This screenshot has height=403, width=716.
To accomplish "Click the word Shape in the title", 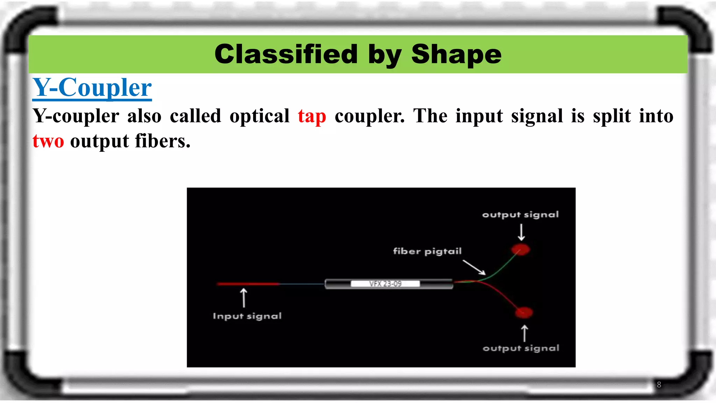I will point(456,54).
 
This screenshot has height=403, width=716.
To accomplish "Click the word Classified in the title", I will point(286,54).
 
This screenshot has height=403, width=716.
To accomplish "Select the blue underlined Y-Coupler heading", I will point(92,87).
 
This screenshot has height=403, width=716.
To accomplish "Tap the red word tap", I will point(312,116).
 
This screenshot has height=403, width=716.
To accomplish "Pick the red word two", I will point(48,141).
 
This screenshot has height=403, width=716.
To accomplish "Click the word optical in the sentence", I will point(259,116).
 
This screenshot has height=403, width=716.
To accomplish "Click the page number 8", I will point(659,385).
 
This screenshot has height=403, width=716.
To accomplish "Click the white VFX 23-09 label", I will point(385,284).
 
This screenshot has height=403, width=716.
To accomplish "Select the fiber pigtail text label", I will point(427,251).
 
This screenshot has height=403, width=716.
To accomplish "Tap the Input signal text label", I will point(247,316).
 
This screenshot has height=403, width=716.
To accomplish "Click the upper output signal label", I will point(520,215).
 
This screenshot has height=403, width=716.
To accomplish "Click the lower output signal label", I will point(521,348).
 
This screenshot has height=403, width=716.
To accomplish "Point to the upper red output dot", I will point(521,250).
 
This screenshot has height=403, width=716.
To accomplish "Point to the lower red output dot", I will point(524,312).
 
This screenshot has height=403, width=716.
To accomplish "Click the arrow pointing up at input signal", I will point(244,298).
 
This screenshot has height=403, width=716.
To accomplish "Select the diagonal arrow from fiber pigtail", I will point(474,267).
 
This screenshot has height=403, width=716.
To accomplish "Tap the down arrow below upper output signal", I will point(521,232).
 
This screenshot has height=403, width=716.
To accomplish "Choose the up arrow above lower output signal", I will point(524,333).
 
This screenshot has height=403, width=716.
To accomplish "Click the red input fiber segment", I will point(248,284).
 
